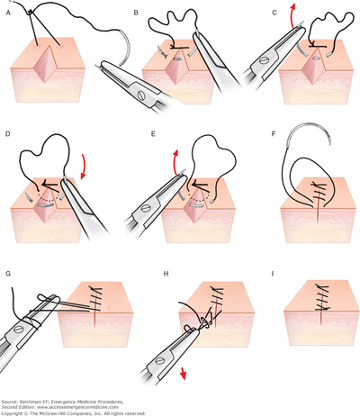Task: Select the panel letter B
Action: pos(135,14)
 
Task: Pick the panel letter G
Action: pos(9,270)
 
